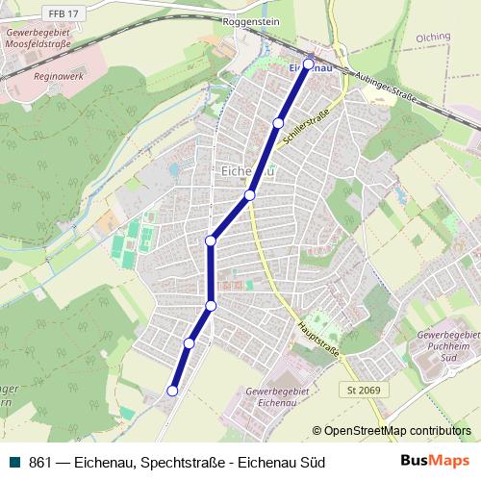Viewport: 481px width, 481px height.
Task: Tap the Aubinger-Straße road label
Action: (390, 87)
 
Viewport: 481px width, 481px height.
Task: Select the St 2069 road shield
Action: (361, 390)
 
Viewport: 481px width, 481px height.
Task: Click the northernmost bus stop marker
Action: (309, 64)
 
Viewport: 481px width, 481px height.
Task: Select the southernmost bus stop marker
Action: (173, 391)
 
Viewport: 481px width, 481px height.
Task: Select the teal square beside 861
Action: (14, 463)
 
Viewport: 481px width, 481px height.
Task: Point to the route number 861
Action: (39, 463)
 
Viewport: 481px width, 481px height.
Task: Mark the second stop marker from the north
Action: (278, 123)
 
